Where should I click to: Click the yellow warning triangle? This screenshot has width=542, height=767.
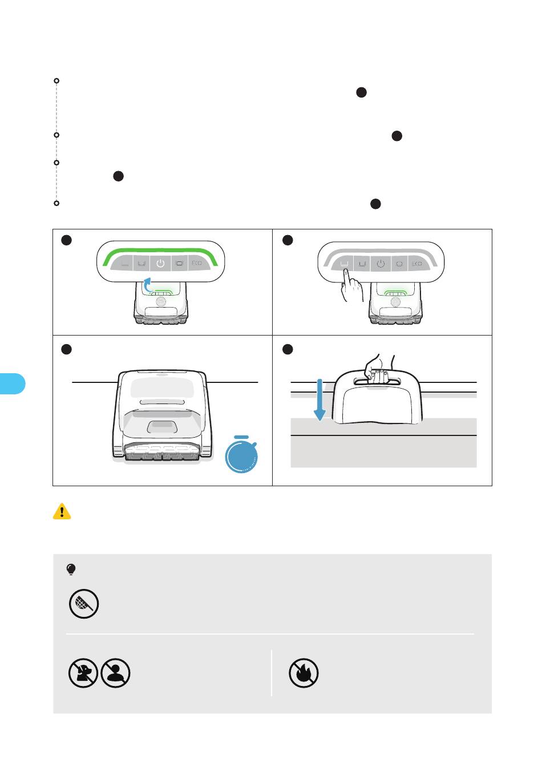[x=62, y=512]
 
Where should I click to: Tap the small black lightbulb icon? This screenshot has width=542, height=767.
[x=71, y=569]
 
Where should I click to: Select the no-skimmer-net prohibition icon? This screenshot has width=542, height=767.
[x=84, y=604]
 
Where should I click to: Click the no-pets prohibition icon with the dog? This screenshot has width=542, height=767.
[x=83, y=673]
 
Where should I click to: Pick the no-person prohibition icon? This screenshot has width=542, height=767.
[x=115, y=673]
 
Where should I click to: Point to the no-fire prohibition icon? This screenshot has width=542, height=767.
[x=304, y=673]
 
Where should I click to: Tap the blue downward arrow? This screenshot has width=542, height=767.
[x=319, y=400]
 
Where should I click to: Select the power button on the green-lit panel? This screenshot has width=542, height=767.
[x=160, y=264]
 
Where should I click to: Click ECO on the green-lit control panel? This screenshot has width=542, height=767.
[x=196, y=264]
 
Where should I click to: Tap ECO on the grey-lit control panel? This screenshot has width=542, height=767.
[x=416, y=264]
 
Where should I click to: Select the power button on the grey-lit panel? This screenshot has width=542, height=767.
[x=381, y=264]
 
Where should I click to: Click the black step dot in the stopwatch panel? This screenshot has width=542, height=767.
[x=67, y=350]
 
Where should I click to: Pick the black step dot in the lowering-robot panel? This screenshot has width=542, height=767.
[x=288, y=349]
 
